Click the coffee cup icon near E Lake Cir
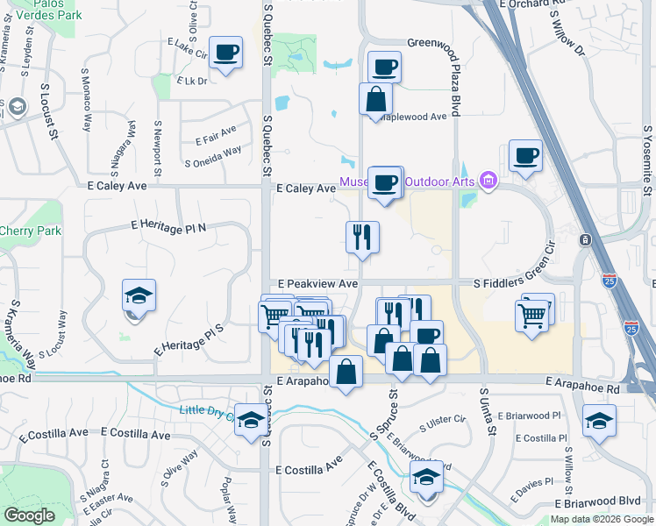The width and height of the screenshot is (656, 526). pyautogui.click(x=226, y=53)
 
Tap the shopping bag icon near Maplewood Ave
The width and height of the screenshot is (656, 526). pyautogui.click(x=375, y=100)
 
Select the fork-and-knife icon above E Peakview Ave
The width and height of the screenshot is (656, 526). pyautogui.click(x=362, y=237)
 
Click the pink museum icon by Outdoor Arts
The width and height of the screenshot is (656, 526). pyautogui.click(x=488, y=181)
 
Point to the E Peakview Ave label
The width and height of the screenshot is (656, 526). pyautogui.click(x=317, y=284)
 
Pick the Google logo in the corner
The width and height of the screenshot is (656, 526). pyautogui.click(x=30, y=515)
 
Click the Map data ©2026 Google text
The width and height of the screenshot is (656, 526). pyautogui.click(x=602, y=519)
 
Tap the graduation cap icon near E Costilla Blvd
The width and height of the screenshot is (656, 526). pyautogui.click(x=427, y=478)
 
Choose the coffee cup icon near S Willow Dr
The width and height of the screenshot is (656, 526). pyautogui.click(x=524, y=155)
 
